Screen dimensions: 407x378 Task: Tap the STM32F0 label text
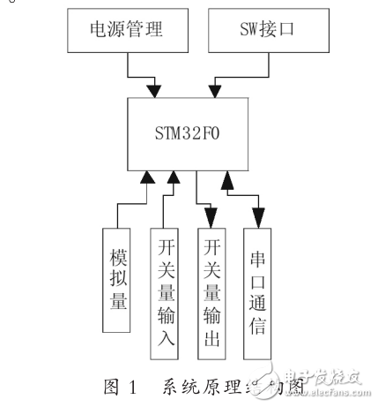pos(191,135)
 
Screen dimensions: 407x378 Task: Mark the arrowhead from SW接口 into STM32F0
pos(215,88)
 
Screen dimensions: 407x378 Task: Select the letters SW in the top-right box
pos(234,33)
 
